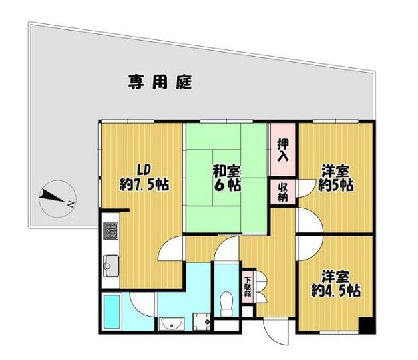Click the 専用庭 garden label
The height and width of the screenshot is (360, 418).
pyautogui.click(x=160, y=83)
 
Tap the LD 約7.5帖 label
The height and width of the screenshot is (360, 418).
pyautogui.click(x=143, y=176)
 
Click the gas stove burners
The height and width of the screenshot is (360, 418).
pyautogui.click(x=110, y=232)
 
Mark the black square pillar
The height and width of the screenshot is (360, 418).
pyautogui.click(x=365, y=326)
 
